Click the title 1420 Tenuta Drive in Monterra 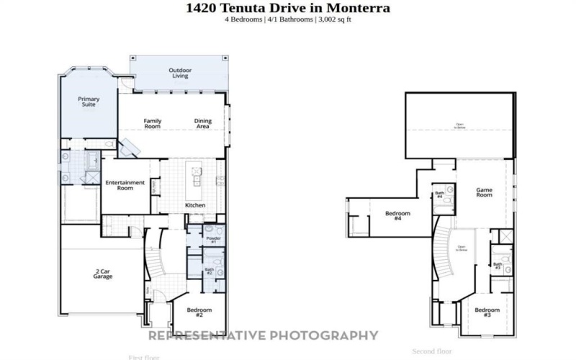click(x=288, y=8)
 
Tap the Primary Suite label click(x=89, y=102)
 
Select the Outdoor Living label click(x=179, y=73)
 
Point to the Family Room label click(x=152, y=123)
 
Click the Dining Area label click(x=202, y=123)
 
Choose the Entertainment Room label click(x=126, y=185)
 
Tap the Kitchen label click(x=195, y=205)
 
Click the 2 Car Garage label click(x=102, y=274)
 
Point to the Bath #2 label click(x=209, y=271)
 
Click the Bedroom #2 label click(x=199, y=313)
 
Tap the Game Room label click(x=484, y=192)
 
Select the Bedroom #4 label click(x=397, y=215)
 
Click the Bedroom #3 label click(x=487, y=312)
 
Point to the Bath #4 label click(x=439, y=194)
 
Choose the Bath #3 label click(x=498, y=266)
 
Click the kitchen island click(x=194, y=181)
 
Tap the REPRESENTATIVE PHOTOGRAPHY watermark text click(x=263, y=335)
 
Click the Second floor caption click(x=431, y=351)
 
